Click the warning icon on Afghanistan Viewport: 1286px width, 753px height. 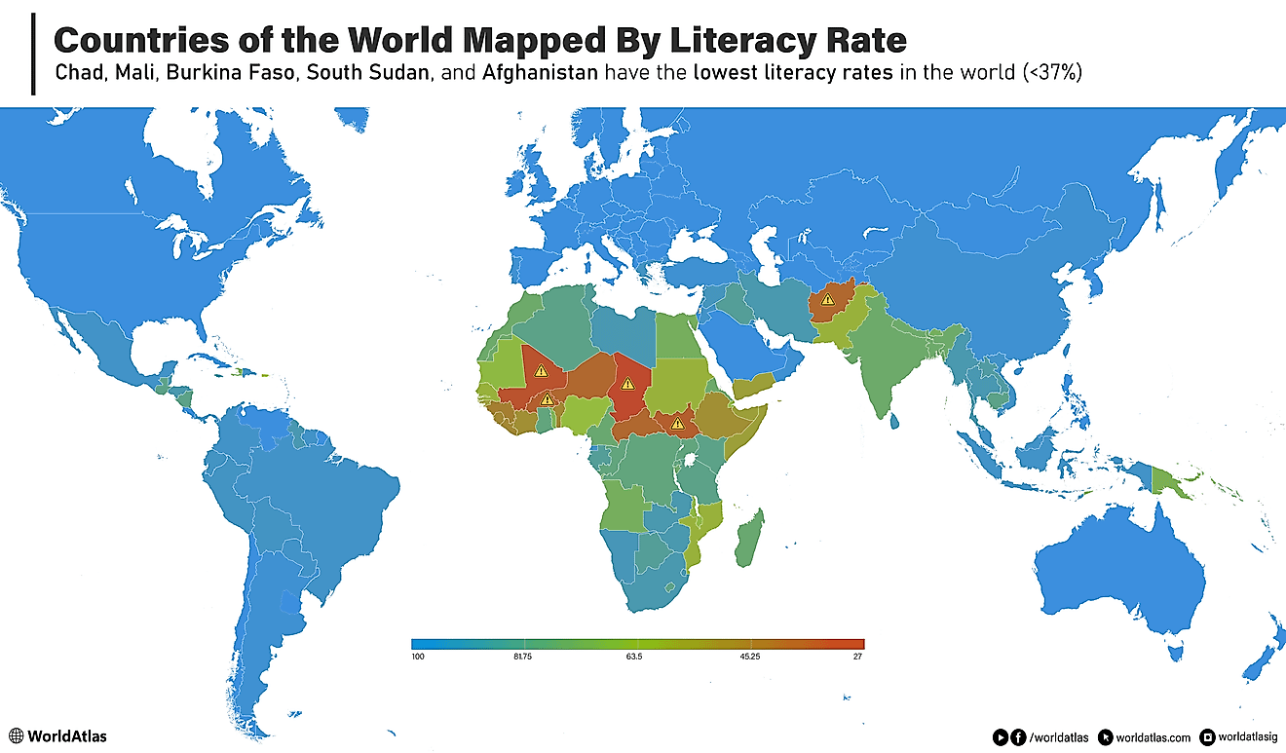[x=827, y=299]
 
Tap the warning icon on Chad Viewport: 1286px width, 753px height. [x=628, y=383]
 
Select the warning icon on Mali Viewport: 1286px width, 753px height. [x=542, y=370]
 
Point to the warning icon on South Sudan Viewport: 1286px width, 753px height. [x=677, y=424]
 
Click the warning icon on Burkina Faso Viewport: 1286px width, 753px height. [x=548, y=398]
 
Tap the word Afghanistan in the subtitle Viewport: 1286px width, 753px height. [x=539, y=73]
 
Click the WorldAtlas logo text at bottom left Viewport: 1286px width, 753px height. [x=67, y=736]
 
